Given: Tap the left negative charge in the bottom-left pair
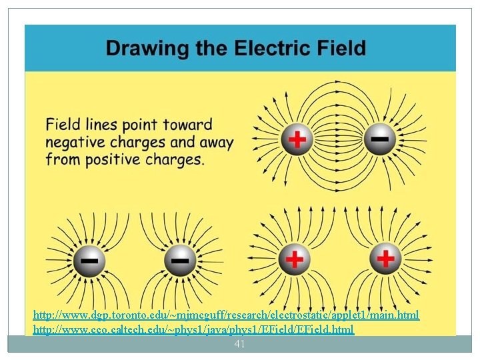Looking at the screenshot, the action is (x=88, y=259).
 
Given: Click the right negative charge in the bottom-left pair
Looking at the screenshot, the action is (x=179, y=259).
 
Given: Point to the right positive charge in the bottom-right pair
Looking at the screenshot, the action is (x=386, y=257).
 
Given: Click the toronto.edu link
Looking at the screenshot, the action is (x=226, y=314).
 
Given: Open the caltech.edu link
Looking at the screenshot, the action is (x=193, y=329).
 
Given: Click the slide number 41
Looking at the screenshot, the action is (x=240, y=344).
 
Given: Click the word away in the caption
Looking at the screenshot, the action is (x=215, y=142).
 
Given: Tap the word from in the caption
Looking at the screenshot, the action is (x=61, y=159).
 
